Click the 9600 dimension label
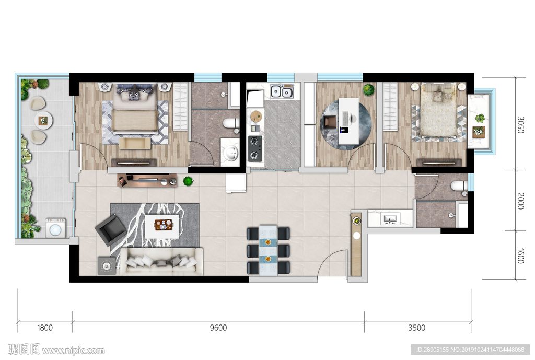(x=218, y=328)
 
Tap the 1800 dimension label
(x=45, y=328)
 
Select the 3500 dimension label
(x=416, y=328)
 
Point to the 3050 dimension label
(x=520, y=125)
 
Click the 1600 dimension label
(x=520, y=256)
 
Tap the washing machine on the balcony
(x=55, y=228)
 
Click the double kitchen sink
(x=282, y=91)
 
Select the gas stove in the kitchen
(x=255, y=148)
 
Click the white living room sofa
(x=161, y=261)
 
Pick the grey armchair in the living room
(x=111, y=230)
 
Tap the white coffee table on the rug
(x=162, y=226)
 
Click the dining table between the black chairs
(x=268, y=250)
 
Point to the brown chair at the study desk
(x=330, y=122)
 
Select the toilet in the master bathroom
(x=231, y=123)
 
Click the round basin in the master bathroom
(x=231, y=153)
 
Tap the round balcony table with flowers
(x=43, y=120)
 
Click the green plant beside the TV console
(x=188, y=181)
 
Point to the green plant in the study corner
(x=368, y=89)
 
